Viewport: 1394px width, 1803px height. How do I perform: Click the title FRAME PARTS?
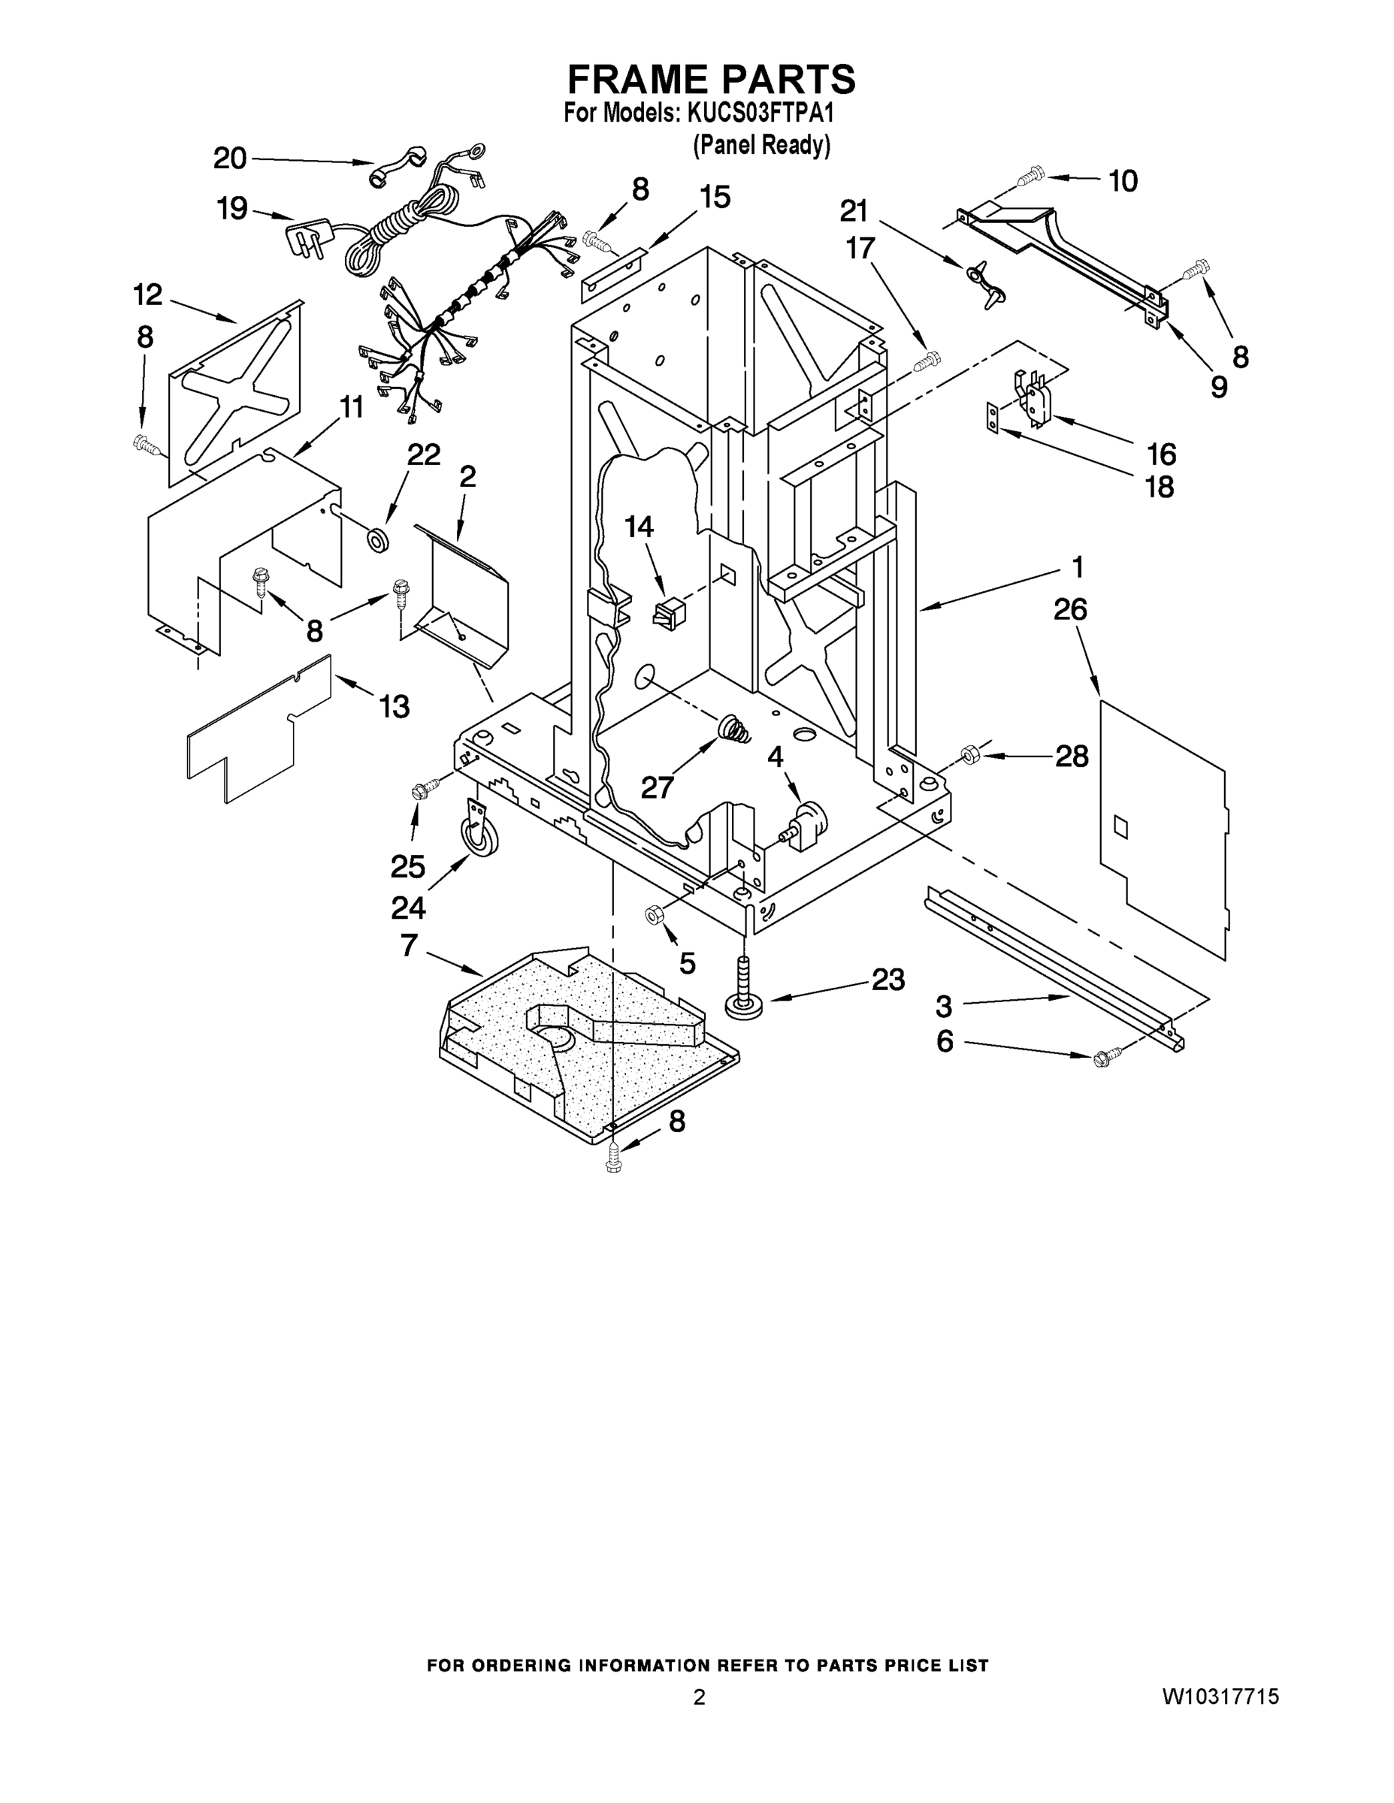711,80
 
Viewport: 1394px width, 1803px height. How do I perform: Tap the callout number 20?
230,158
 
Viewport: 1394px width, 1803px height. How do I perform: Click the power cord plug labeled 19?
309,235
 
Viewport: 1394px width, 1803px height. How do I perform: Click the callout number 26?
1070,610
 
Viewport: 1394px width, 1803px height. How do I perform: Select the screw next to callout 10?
1030,176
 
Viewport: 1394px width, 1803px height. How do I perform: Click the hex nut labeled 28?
970,754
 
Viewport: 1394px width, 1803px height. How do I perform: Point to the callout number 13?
395,707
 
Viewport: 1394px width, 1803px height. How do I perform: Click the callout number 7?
409,945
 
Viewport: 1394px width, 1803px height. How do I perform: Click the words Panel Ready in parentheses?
761,145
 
